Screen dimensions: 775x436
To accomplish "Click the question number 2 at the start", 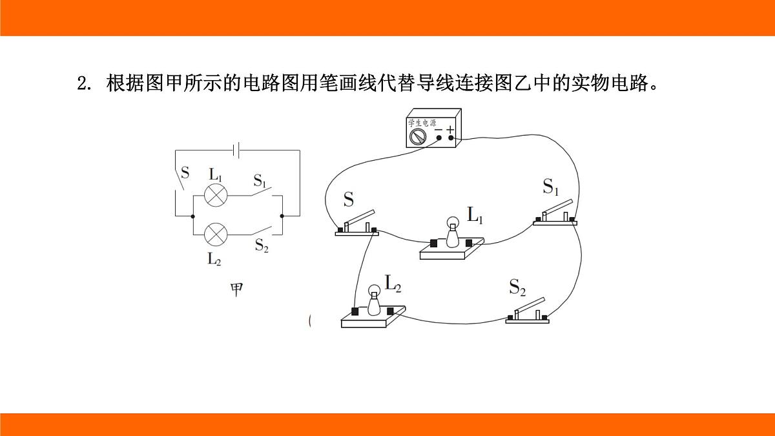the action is [84, 83].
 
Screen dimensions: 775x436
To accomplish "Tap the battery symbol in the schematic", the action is [236, 150].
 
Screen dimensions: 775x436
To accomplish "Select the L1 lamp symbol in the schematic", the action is [216, 196].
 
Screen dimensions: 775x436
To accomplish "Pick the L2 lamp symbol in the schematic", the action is [216, 234].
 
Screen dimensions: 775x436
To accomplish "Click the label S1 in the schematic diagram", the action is [260, 181].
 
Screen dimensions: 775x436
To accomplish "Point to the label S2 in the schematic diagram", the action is [262, 245].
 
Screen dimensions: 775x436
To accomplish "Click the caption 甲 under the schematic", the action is [237, 289].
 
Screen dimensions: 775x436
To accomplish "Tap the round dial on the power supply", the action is [418, 137].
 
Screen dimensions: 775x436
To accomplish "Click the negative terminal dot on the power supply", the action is [439, 138].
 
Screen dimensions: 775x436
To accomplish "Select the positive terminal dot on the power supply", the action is [451, 138].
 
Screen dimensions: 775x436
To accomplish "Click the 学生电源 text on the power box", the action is [422, 123].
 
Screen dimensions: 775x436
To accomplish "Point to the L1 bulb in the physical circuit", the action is [452, 232].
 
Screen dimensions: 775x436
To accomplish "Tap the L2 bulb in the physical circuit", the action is [374, 300].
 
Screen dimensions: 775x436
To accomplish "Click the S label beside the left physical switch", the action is [348, 200].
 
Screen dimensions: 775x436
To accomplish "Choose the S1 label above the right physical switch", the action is [550, 187].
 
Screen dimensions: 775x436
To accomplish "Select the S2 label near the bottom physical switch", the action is [517, 287].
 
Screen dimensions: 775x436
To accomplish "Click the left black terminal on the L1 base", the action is [433, 244].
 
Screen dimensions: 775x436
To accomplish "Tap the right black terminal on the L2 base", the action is [390, 311].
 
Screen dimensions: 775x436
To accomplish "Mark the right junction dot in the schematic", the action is [282, 216].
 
